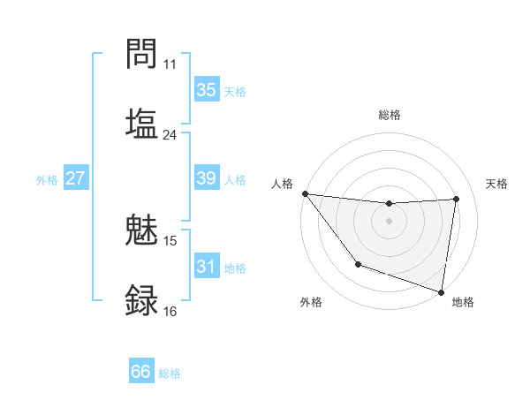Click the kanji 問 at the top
tap(142, 55)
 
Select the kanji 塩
tap(142, 123)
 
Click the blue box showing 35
tap(207, 90)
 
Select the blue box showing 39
tap(207, 178)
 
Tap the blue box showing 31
tap(207, 267)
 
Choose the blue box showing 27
tap(76, 178)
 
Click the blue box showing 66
tap(141, 372)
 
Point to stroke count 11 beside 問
tap(170, 64)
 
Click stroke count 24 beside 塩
tap(170, 135)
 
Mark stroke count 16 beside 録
tap(170, 312)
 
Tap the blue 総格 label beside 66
tap(170, 373)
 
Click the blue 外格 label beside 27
tap(47, 180)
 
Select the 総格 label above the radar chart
tap(390, 115)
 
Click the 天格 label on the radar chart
tap(497, 184)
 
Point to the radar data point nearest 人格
tap(305, 193)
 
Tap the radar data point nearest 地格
tap(442, 291)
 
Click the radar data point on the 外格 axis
tap(358, 264)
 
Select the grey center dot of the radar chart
tap(390, 221)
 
